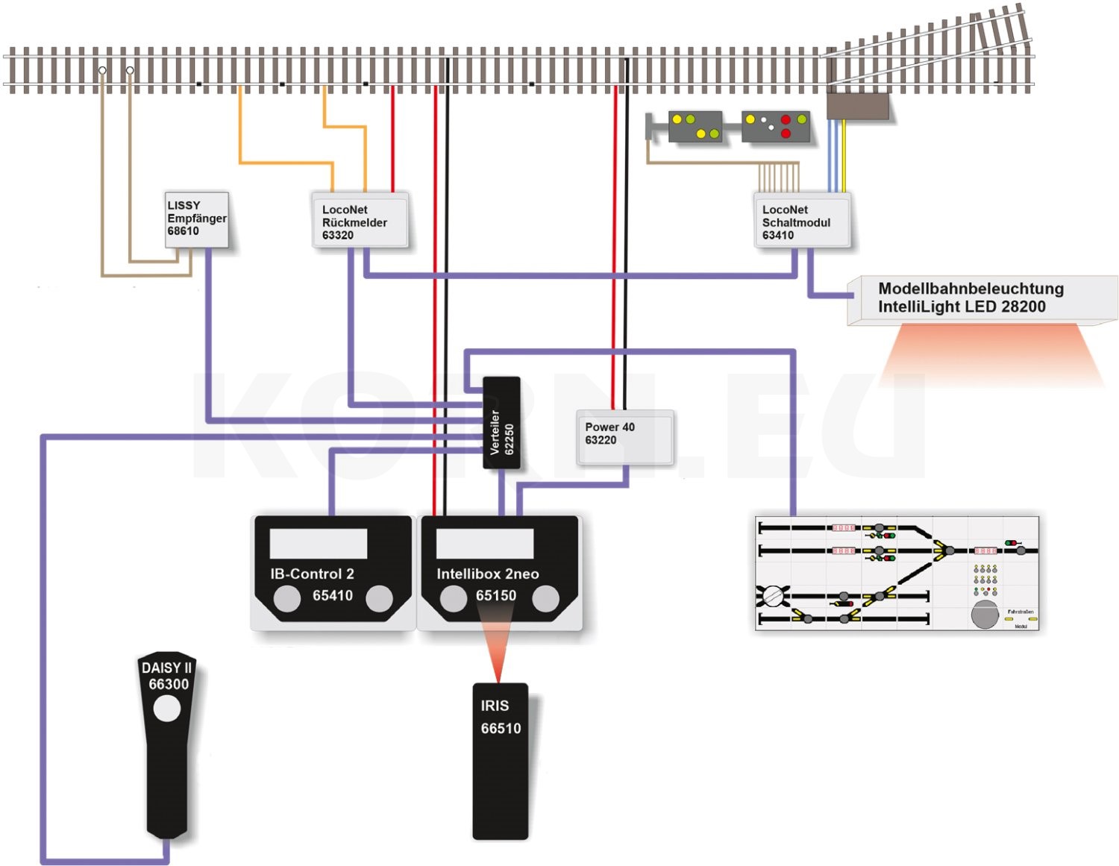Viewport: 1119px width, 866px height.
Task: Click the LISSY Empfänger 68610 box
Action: (x=196, y=219)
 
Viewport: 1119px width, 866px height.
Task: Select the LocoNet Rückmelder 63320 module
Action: (x=359, y=222)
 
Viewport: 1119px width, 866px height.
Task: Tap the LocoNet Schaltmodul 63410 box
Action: (x=801, y=222)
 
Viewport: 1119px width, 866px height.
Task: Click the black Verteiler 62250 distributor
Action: (x=501, y=422)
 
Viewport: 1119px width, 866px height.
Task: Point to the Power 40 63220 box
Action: (x=624, y=437)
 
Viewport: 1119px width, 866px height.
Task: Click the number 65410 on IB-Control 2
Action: (x=333, y=595)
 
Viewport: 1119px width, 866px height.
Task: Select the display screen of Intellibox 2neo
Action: (x=484, y=544)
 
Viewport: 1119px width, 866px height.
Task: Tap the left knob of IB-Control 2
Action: (x=286, y=598)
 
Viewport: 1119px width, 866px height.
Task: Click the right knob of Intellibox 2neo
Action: (x=545, y=598)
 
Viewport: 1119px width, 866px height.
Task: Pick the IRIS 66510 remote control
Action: (x=500, y=761)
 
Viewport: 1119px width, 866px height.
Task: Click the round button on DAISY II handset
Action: (x=167, y=709)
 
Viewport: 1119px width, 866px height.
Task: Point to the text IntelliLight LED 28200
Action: (x=962, y=307)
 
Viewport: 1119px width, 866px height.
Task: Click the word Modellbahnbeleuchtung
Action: (x=971, y=289)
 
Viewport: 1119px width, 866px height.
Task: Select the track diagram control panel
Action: (x=897, y=573)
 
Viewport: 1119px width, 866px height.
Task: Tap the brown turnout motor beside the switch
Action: (x=858, y=106)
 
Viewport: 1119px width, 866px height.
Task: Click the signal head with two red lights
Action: (x=777, y=127)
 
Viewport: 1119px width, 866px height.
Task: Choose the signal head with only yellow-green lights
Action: (x=695, y=127)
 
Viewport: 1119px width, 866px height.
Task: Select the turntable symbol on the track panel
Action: (x=773, y=596)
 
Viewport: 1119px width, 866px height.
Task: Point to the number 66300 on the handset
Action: (x=169, y=685)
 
